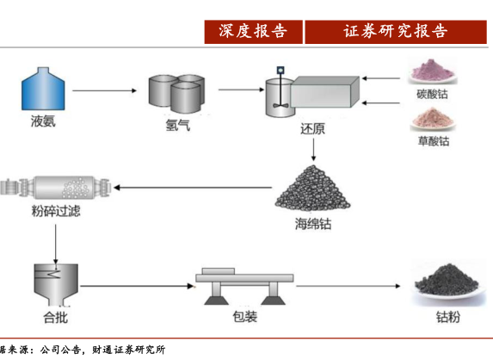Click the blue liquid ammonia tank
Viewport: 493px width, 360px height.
(x=43, y=89)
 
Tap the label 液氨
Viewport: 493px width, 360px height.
(x=43, y=121)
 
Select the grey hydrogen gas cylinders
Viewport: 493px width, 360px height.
(x=176, y=94)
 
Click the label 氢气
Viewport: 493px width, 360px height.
(x=177, y=125)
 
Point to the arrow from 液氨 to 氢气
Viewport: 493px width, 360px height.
(x=104, y=90)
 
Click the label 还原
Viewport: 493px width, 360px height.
(x=312, y=128)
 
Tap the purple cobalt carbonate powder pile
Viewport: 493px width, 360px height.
(x=433, y=71)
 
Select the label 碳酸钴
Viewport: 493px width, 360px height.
(x=432, y=94)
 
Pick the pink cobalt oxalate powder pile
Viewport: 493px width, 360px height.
(x=433, y=119)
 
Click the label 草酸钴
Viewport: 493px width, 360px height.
(x=434, y=141)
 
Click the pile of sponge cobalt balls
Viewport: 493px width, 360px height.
(x=312, y=188)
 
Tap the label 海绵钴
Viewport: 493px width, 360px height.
(x=313, y=224)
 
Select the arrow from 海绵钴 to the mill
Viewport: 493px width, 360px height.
(x=193, y=188)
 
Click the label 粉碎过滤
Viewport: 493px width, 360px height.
(x=56, y=211)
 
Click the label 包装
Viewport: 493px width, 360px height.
(x=245, y=316)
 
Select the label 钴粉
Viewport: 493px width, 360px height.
(x=448, y=317)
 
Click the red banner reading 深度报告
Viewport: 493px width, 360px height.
(x=254, y=32)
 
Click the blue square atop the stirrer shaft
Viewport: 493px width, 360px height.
(x=280, y=70)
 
